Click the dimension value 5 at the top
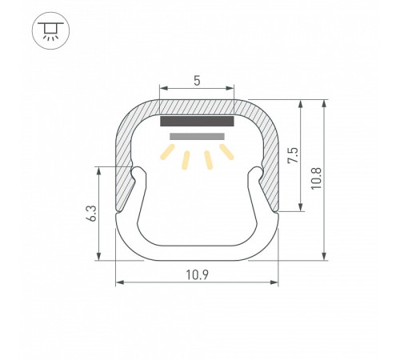click(x=197, y=81)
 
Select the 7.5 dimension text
click(x=293, y=155)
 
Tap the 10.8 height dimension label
click(x=316, y=178)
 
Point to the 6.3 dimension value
click(x=91, y=214)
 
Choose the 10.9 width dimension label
click(x=197, y=275)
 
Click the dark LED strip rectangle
click(x=197, y=121)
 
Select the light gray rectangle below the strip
click(x=197, y=136)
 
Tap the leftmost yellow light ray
click(x=167, y=152)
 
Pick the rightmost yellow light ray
click(x=226, y=152)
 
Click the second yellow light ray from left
click(x=186, y=160)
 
